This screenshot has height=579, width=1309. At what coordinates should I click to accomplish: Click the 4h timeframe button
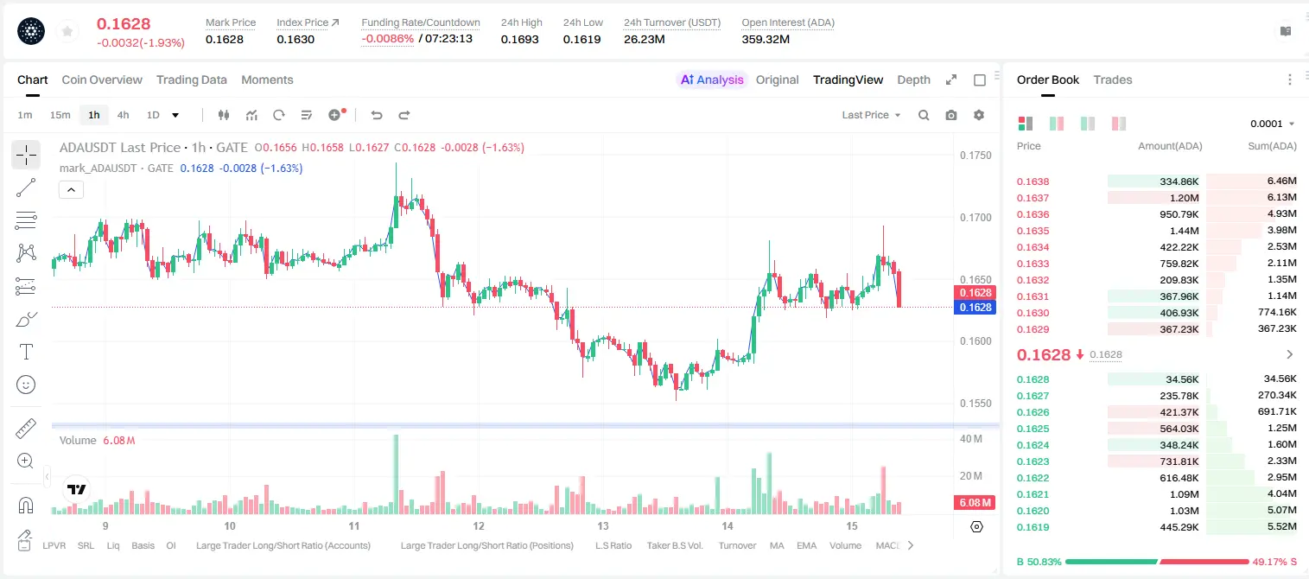coord(123,115)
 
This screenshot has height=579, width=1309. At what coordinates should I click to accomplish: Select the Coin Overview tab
coord(102,80)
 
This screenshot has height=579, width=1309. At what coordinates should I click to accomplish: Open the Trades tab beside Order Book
coord(1113,80)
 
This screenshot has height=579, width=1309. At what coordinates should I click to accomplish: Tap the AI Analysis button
coord(712,80)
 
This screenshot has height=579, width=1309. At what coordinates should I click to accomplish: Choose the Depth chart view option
coord(913,80)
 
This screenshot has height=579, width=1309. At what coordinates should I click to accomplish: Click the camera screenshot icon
coord(951,115)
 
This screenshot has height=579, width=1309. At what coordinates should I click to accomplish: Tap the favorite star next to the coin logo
coord(67,31)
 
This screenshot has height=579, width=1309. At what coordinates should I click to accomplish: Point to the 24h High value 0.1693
coord(519,39)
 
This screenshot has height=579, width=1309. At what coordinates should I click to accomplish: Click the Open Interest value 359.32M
coord(766,39)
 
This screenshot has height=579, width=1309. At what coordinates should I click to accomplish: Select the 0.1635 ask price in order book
coord(1033,231)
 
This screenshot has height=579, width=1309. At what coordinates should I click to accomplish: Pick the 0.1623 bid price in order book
coord(1033,461)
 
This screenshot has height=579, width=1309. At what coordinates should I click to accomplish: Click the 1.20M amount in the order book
coord(1184,198)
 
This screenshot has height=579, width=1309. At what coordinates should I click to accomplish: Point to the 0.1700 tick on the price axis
coord(975,218)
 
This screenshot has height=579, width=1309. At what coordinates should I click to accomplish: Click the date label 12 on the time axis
coord(479,525)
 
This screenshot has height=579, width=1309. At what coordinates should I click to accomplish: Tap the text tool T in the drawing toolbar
coord(26,352)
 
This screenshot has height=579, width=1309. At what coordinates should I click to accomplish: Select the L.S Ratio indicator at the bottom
coord(613,545)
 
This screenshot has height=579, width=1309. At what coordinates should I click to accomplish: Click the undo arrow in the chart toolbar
coord(377,115)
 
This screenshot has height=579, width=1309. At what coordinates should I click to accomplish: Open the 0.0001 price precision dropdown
coord(1272,124)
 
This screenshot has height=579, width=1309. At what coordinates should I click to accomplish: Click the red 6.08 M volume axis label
coord(975,502)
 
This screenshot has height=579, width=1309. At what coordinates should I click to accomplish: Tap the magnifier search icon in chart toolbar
coord(924,115)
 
